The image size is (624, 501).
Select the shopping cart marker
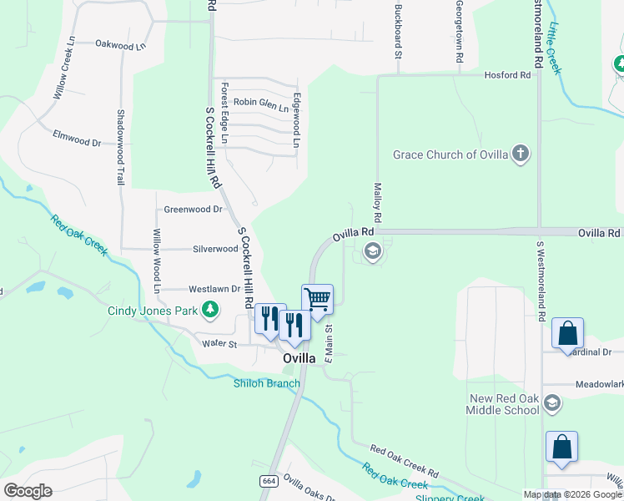tap(317, 298)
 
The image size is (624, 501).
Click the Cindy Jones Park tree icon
tap(211, 311)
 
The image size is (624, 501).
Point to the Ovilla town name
tap(299, 358)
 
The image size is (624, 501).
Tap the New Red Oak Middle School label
tap(505, 403)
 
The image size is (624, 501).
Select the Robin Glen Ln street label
tap(260, 103)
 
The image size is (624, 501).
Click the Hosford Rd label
tap(508, 75)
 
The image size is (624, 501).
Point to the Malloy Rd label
tap(377, 202)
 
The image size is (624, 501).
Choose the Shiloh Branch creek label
tap(266, 383)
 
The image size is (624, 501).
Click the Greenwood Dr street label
tap(194, 210)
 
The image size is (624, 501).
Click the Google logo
tap(28, 491)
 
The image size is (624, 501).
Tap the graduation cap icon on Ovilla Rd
tap(372, 250)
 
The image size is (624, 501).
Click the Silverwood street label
tap(215, 249)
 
